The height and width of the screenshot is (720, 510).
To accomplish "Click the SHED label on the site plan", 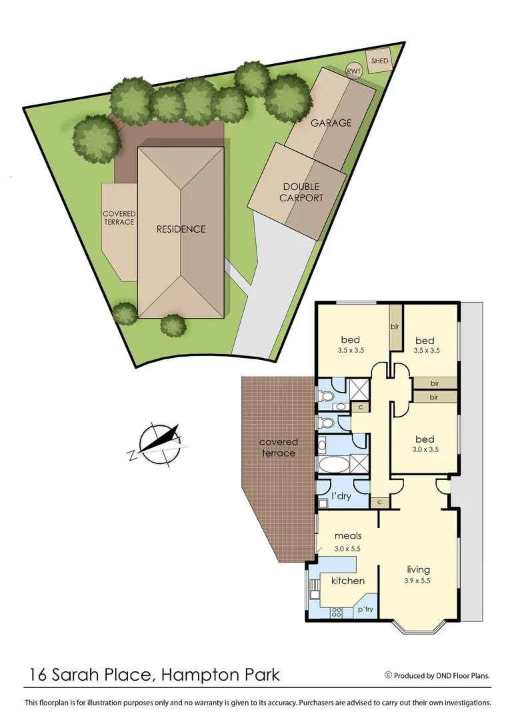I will [x=379, y=61].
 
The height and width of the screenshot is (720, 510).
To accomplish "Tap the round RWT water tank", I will [x=353, y=71].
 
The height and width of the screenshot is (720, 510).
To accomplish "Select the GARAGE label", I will [x=331, y=123].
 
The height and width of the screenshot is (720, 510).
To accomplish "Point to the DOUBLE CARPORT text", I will [x=301, y=193].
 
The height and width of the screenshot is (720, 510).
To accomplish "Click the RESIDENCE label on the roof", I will [x=181, y=229].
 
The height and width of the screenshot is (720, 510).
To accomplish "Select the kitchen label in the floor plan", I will [x=348, y=581].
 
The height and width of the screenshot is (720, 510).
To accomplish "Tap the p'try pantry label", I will [x=365, y=609].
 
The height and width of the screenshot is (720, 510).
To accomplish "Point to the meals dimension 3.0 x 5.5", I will [x=347, y=548].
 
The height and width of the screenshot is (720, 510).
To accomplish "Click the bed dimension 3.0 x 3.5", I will [x=425, y=450].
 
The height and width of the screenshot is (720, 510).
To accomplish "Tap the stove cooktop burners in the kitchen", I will [x=337, y=611].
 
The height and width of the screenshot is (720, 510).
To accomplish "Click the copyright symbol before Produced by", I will [x=388, y=675].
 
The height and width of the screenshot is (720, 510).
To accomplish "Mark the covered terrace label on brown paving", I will [x=279, y=447].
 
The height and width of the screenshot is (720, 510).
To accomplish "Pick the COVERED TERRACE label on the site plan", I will [x=119, y=218].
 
